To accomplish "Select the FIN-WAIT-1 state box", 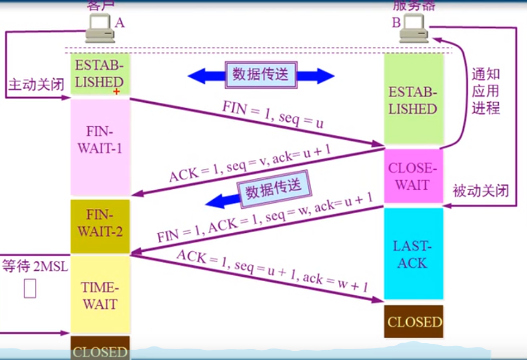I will point(101,141).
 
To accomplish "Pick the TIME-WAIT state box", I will point(101,295).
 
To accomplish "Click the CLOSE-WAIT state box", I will point(412,176).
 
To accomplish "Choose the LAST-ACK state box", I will point(412,254).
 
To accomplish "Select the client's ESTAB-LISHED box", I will point(100,74).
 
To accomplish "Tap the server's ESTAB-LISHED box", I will point(412,101).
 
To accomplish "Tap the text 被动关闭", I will point(481,191).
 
